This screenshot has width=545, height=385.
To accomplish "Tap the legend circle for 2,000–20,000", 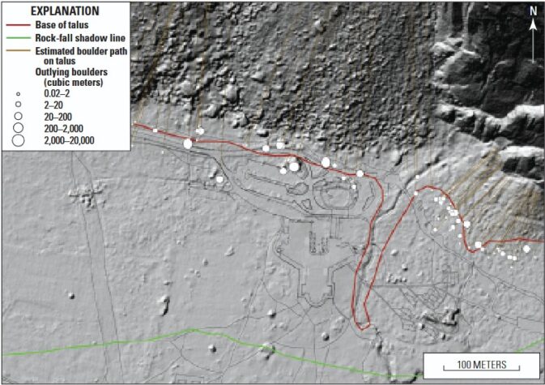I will click(x=16, y=140).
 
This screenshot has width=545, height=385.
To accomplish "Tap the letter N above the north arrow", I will click(x=533, y=11).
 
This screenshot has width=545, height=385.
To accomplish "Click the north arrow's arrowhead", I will click(x=533, y=24).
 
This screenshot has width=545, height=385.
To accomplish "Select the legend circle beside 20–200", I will click(x=16, y=117).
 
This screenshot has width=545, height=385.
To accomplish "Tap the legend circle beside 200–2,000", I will click(x=16, y=128).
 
